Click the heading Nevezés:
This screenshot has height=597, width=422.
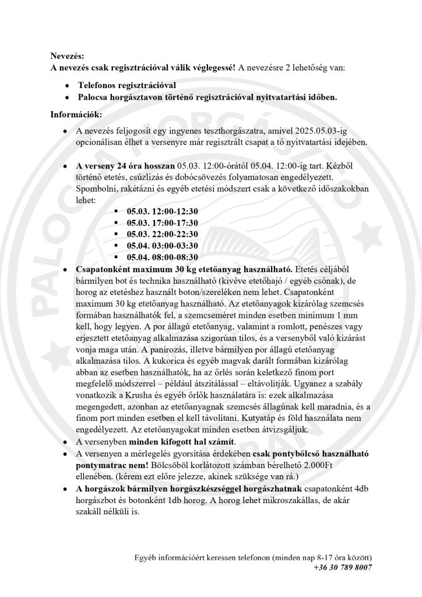coord(67,56)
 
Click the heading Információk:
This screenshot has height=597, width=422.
coord(76,115)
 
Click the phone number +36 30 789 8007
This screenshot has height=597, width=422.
coord(343,567)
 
